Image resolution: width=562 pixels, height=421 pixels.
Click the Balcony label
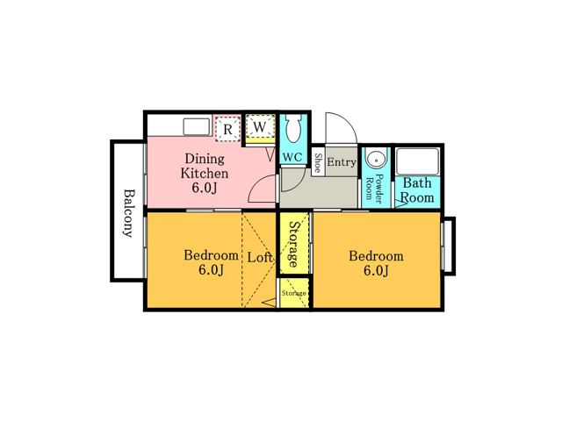click(128, 213)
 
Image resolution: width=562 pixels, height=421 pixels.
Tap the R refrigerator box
click(228, 129)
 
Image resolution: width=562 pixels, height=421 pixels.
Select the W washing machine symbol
click(260, 126)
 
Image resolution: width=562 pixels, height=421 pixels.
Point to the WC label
click(292, 157)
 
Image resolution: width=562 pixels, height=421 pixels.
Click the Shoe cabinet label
click(318, 163)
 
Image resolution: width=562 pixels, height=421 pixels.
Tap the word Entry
click(342, 162)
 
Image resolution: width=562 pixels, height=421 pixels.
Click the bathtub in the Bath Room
click(417, 161)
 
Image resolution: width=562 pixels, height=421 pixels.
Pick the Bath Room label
click(417, 190)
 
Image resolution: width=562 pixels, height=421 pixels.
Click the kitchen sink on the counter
click(197, 126)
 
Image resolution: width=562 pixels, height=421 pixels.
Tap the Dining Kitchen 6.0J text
click(205, 174)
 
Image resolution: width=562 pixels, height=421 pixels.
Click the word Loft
click(260, 257)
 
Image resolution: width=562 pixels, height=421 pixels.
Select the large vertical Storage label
click(294, 245)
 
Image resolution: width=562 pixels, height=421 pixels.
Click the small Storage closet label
click(294, 293)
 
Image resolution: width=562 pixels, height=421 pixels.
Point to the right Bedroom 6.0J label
click(376, 263)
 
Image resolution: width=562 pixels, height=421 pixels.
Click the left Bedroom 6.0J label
click(211, 262)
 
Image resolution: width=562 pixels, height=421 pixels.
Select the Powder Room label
click(374, 187)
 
